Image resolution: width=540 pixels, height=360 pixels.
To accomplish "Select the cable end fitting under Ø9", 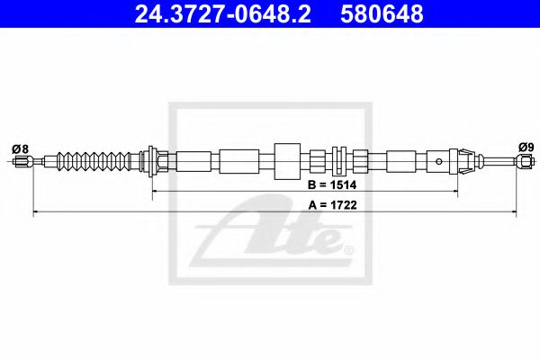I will click(524, 163).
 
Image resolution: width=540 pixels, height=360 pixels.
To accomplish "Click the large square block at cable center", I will click(286, 162).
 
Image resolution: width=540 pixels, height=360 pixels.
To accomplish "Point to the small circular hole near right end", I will click(438, 163).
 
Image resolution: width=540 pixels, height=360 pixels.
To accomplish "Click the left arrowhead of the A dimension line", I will click(37, 212).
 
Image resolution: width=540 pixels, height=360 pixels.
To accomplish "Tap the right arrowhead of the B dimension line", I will click(456, 193).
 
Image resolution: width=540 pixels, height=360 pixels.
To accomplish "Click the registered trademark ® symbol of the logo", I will click(349, 249).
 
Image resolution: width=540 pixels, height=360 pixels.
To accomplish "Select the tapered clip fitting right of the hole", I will click(462, 162).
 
